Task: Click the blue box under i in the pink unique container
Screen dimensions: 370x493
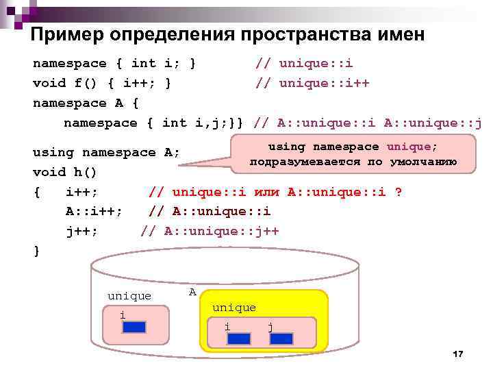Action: tap(134, 327)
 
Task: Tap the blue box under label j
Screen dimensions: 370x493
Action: tap(281, 338)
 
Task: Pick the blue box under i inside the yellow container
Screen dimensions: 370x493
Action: tap(238, 338)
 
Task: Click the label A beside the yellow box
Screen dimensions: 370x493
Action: tap(192, 292)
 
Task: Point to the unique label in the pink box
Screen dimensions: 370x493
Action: tap(129, 296)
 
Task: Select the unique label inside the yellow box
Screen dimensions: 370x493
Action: tap(234, 308)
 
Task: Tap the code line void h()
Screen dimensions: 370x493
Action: tap(65, 172)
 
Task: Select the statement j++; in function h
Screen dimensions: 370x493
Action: tap(82, 231)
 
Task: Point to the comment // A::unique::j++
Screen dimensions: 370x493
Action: tap(210, 231)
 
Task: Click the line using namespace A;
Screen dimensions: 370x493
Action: tap(106, 152)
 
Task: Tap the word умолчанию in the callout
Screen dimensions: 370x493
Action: tap(425, 162)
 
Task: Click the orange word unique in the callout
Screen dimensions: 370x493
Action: tap(409, 147)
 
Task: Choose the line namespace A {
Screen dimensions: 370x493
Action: tap(86, 103)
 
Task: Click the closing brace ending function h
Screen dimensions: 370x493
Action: tap(37, 251)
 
